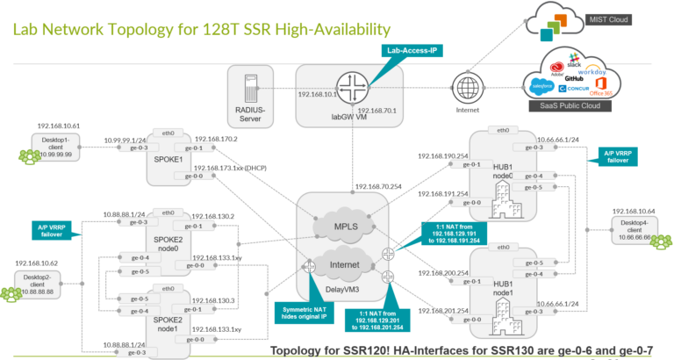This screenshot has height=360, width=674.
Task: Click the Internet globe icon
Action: (465, 90)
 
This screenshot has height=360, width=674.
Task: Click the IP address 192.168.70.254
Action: (378, 187)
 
